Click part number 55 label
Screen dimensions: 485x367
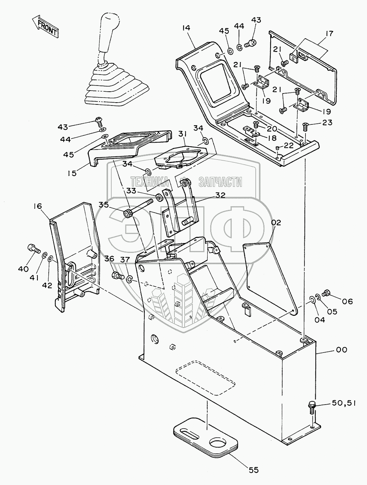(254, 470)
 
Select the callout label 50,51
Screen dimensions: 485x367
(343, 403)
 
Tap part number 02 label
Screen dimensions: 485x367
(276, 223)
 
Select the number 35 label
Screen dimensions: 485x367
(104, 205)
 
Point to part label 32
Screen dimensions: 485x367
(220, 195)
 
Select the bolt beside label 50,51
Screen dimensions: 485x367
(312, 405)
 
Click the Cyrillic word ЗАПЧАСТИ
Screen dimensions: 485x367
(220, 182)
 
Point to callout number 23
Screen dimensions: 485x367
(327, 123)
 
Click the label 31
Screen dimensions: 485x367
(182, 135)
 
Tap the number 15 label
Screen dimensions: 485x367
(72, 173)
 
